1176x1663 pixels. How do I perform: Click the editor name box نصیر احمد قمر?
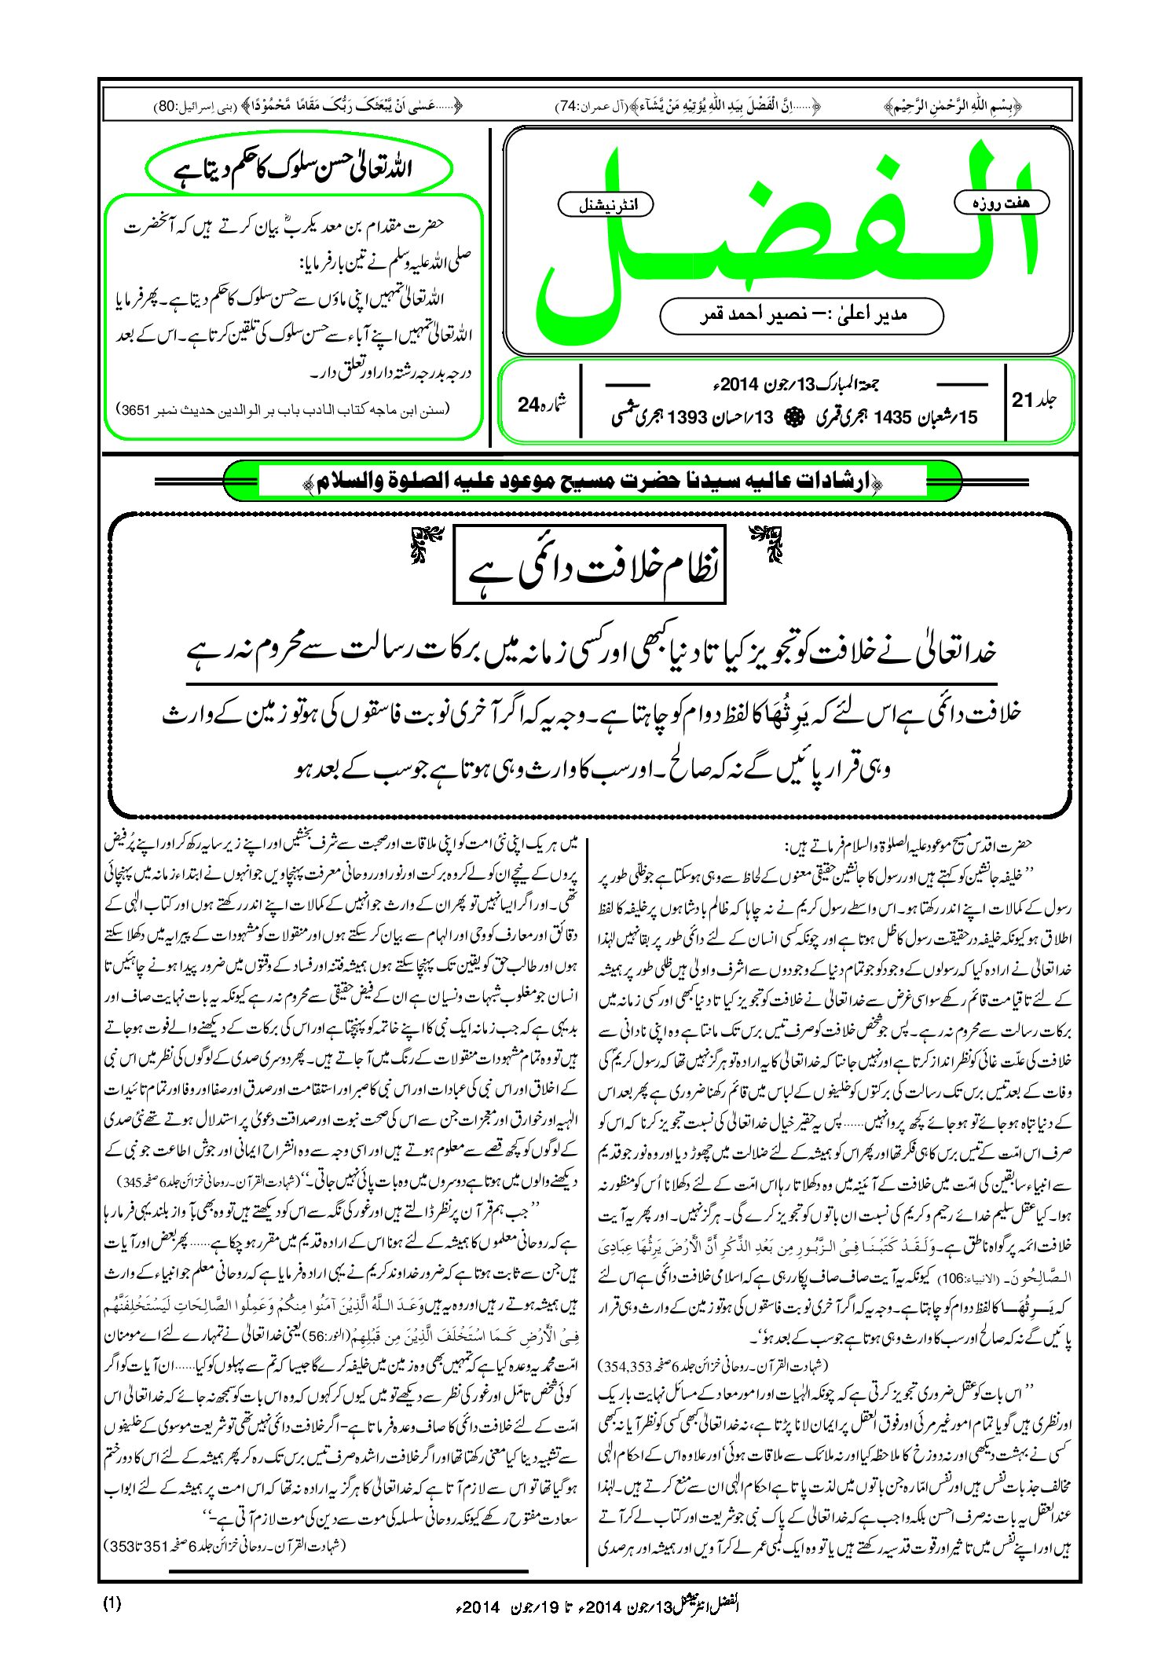(801, 315)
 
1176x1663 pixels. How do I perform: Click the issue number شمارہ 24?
(540, 404)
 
